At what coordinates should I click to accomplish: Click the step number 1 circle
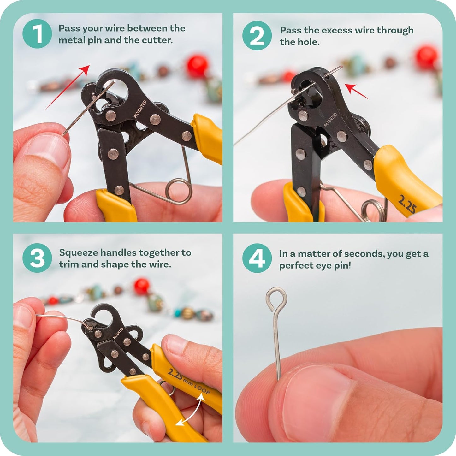(37, 34)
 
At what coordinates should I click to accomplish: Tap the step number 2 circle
(257, 36)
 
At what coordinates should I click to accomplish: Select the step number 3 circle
(37, 258)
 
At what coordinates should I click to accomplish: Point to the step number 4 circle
(257, 258)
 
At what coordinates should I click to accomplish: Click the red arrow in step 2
(356, 91)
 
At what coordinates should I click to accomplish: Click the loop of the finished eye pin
(276, 298)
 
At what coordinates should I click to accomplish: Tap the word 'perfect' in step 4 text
(296, 265)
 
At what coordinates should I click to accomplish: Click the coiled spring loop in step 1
(179, 191)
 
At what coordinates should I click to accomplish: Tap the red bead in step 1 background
(197, 66)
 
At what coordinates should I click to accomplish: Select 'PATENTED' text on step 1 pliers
(140, 109)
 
